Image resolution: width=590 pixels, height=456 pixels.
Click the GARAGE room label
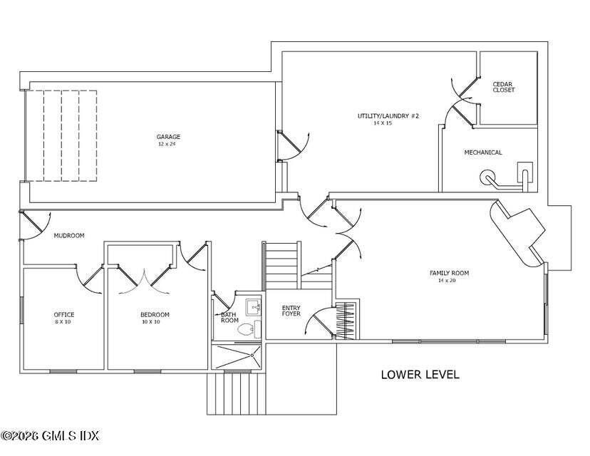coord(168,137)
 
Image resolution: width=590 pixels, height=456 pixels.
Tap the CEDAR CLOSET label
coord(504,87)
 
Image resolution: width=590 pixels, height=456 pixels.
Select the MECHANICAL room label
coord(483,152)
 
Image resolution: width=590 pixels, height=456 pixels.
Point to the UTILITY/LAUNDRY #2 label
coord(388,116)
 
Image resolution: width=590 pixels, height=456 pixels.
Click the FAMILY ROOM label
coord(450,273)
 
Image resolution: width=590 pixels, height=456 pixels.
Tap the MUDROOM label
coord(69,236)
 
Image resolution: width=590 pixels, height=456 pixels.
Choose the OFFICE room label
coord(64,314)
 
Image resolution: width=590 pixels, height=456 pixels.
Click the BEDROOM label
coord(155,314)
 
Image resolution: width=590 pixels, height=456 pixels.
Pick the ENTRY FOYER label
coord(291,311)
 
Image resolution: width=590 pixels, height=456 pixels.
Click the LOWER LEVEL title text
coord(420,374)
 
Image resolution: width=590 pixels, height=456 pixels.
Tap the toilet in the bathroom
coord(246,329)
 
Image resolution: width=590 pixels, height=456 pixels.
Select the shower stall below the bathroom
coord(236,356)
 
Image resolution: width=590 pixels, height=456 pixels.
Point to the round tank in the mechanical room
coord(487,176)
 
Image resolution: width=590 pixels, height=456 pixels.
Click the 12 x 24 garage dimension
coord(167,144)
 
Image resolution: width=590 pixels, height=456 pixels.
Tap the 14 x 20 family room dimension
coord(447,280)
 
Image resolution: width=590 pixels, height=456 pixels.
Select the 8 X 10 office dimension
coord(63,322)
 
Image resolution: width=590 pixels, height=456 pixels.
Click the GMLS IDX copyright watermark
coord(50,435)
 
